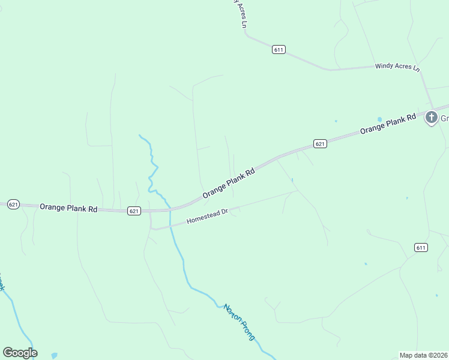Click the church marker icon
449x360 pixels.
[431, 118]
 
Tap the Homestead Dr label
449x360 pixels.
[208, 216]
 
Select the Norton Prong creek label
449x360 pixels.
[240, 322]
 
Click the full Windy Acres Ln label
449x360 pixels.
[397, 67]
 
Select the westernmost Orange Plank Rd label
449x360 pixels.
[68, 208]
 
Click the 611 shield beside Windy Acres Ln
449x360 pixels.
[277, 49]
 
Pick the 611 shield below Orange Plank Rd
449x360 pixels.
[420, 247]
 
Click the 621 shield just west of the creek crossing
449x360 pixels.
[134, 211]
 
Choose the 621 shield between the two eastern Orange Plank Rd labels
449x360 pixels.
[320, 143]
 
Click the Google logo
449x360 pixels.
[20, 353]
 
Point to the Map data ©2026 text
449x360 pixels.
[424, 355]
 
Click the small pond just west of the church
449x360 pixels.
[379, 119]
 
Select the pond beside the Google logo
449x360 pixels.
[55, 356]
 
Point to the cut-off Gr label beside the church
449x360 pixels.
[445, 118]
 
